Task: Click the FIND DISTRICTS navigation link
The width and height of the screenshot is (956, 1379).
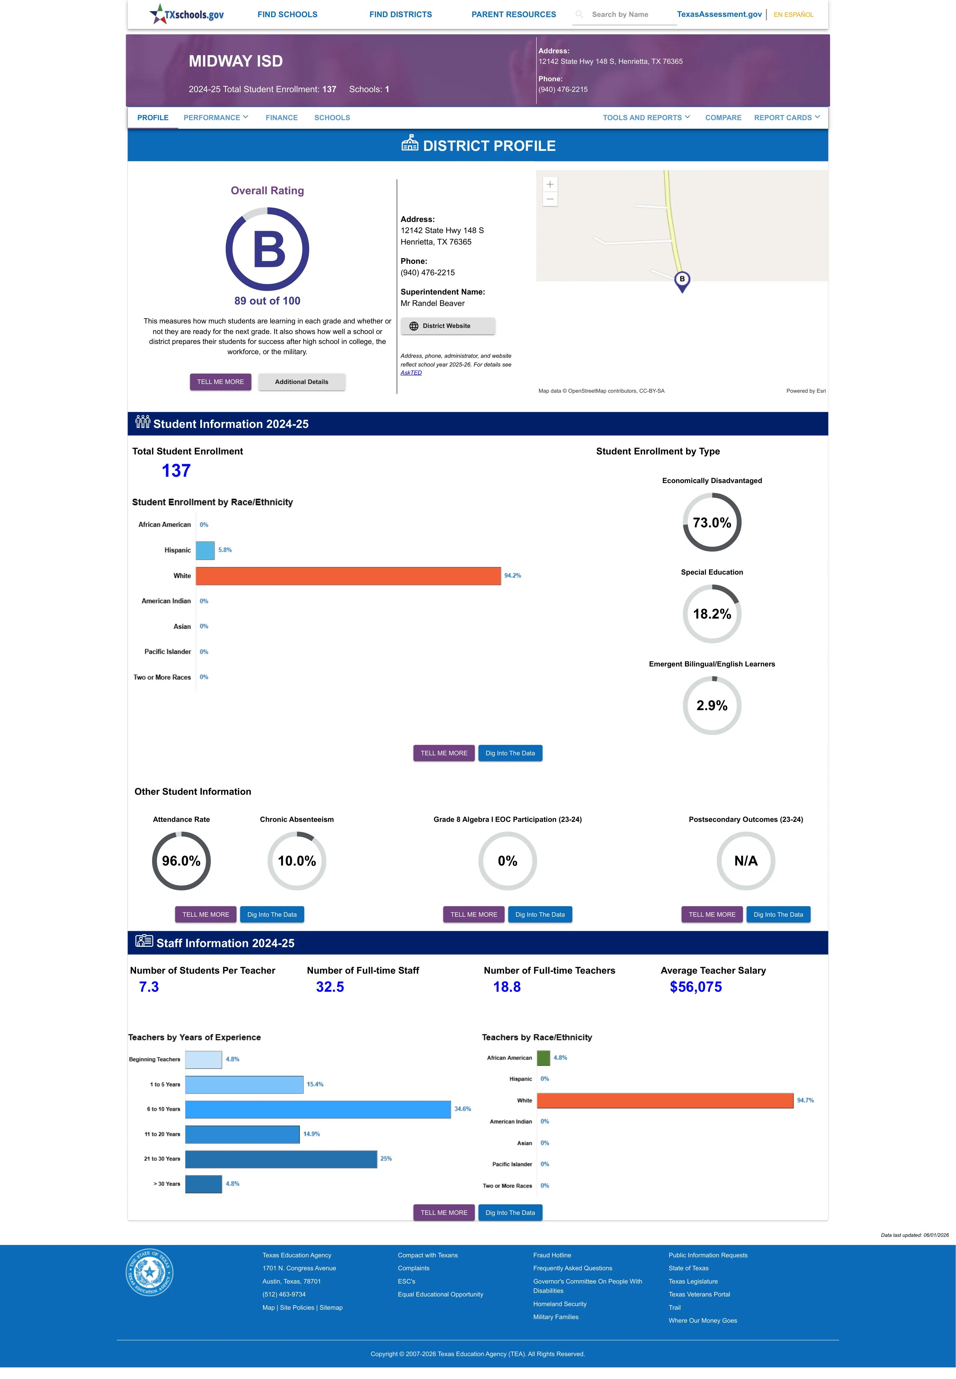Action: click(400, 14)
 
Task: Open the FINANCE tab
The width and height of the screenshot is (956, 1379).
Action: click(282, 117)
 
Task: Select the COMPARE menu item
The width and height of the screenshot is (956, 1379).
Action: click(723, 117)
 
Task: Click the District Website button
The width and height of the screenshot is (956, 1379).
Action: click(447, 326)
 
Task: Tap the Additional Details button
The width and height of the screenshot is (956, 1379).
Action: click(301, 382)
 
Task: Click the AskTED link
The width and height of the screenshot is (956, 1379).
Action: click(411, 373)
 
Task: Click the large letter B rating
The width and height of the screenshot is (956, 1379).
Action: click(269, 249)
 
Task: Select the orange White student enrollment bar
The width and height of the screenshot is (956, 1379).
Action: click(348, 575)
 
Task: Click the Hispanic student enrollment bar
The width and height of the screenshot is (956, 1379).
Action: click(205, 550)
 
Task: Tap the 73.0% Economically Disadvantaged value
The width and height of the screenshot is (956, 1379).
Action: click(712, 523)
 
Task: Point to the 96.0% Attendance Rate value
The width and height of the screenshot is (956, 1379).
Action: click(181, 861)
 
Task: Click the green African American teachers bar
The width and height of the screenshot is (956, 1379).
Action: click(543, 1058)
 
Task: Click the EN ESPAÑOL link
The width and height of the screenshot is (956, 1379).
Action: click(793, 14)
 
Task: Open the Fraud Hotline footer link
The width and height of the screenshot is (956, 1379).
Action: click(552, 1255)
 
